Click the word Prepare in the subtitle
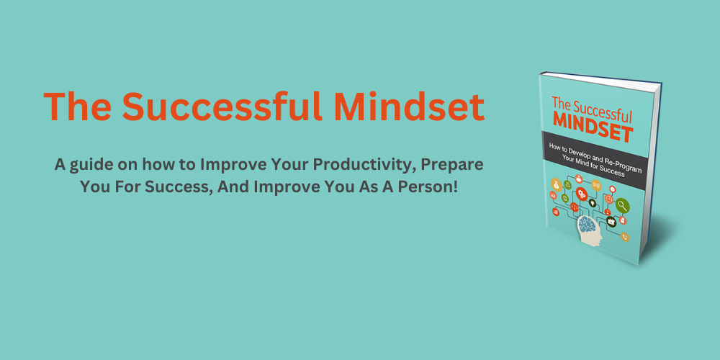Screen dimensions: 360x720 (452, 164)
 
